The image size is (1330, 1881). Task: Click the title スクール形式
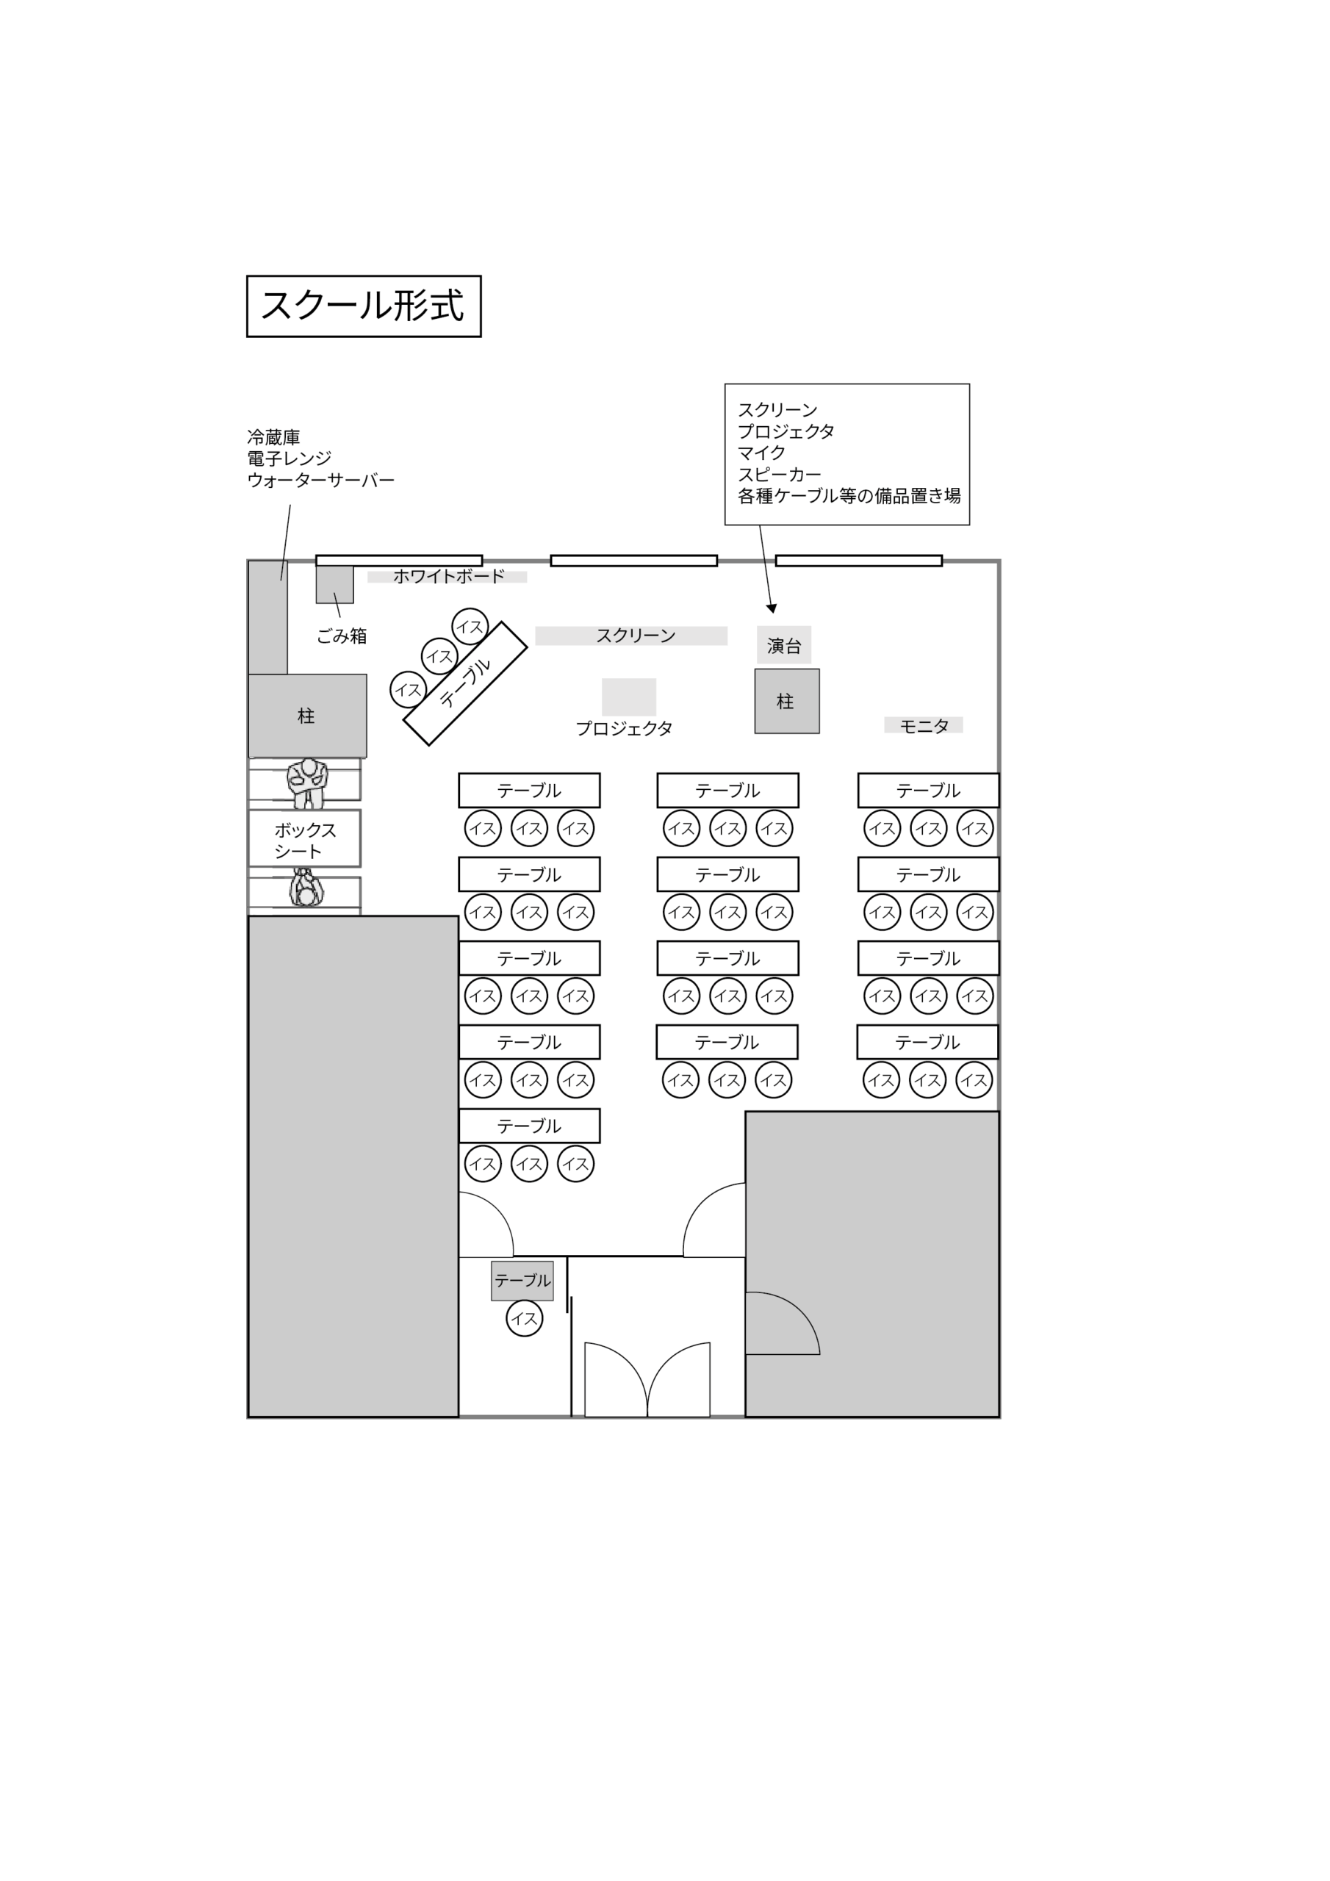(363, 306)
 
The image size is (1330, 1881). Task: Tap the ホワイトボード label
(448, 576)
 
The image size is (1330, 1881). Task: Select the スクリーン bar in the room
(631, 636)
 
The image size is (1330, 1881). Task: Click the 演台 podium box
(784, 644)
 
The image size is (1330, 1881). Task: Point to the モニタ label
(924, 725)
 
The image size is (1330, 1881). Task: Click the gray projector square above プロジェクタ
(628, 697)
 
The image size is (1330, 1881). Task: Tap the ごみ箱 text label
(342, 636)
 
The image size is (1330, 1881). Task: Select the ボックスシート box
(305, 838)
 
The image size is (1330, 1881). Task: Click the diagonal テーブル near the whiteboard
(465, 683)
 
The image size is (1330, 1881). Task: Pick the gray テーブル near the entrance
(522, 1281)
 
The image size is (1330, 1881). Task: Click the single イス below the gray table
(525, 1318)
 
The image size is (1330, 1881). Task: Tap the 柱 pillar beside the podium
(787, 701)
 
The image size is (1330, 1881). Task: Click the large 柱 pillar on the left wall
(307, 716)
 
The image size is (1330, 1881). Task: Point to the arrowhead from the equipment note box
(771, 608)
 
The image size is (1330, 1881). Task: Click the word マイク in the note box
(761, 452)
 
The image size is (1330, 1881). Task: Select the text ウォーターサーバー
(320, 480)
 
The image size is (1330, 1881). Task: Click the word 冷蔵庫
(273, 436)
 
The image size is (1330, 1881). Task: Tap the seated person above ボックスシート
(307, 783)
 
